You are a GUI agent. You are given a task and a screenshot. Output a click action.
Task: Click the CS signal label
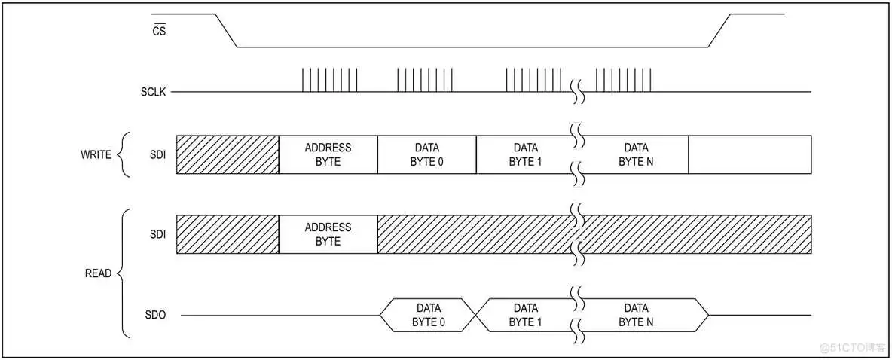point(158,32)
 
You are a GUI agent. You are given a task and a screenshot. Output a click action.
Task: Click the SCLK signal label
point(153,92)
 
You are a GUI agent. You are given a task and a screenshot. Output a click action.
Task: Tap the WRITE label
point(96,155)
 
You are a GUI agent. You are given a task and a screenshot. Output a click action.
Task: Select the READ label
point(98,273)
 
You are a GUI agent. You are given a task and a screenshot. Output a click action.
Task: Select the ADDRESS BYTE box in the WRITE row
point(328,154)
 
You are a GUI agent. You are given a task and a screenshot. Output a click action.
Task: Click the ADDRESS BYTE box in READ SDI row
point(328,234)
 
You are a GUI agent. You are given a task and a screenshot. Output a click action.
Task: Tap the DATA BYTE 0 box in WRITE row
point(426,154)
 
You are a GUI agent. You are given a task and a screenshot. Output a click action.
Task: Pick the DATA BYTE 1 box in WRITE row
point(525,154)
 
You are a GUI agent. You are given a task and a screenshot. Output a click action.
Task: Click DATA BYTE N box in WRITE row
point(636,154)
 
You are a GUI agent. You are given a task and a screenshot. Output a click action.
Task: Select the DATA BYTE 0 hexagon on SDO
point(428,315)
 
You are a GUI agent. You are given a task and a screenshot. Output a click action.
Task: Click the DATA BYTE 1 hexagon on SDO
point(525,315)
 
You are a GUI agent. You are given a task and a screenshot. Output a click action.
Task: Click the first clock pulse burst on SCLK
point(330,80)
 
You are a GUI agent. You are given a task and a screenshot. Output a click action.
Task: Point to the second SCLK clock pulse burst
point(425,80)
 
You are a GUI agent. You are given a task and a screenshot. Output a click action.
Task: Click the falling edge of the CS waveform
point(226,30)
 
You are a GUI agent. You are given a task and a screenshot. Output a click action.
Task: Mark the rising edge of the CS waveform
point(719,30)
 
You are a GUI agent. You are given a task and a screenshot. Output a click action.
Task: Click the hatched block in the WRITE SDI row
point(228,154)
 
